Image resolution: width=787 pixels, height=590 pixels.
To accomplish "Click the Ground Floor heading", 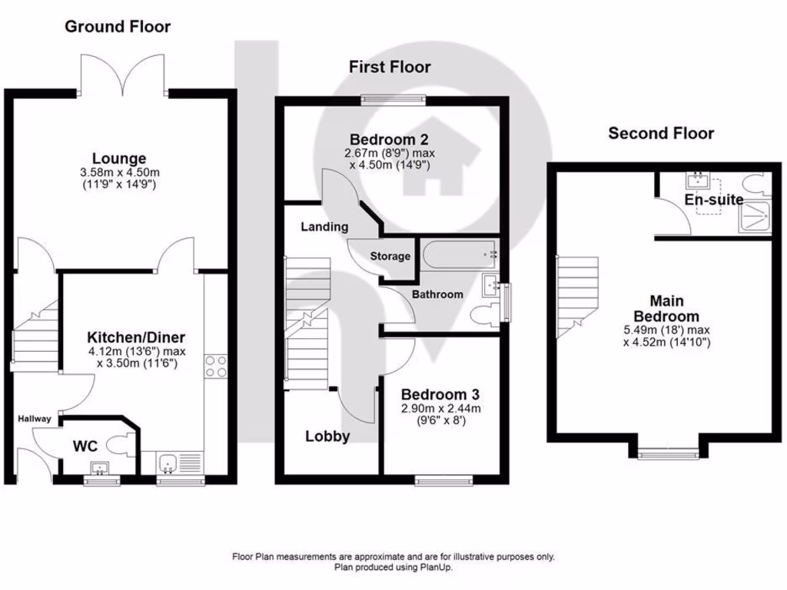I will [117, 27].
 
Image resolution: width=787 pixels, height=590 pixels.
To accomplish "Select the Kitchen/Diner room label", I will [135, 337].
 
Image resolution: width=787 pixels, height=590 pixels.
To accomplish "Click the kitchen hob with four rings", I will [215, 366].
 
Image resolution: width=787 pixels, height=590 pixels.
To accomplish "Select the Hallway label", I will [35, 419].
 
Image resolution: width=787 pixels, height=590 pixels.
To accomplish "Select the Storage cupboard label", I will [390, 256].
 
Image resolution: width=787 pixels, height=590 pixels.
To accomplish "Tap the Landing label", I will [324, 227].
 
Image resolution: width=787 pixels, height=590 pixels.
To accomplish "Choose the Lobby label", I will [328, 436].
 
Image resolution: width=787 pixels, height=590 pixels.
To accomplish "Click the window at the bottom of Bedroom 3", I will [444, 481].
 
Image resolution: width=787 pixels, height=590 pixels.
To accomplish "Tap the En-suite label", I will [715, 200].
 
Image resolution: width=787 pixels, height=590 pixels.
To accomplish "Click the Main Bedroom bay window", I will [668, 453].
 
